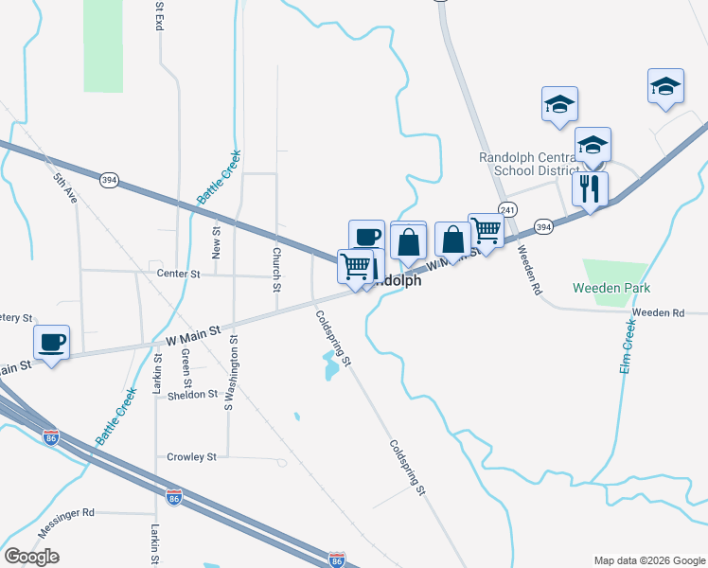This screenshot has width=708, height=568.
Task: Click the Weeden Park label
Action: click(x=611, y=287)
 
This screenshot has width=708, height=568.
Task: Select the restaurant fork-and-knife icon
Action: click(x=590, y=189)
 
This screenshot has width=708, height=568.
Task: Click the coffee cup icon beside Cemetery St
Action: click(x=52, y=343)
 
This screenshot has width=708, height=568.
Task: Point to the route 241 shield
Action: click(x=509, y=209)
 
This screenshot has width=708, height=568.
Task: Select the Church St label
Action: click(x=276, y=270)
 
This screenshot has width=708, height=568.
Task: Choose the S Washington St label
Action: click(x=229, y=371)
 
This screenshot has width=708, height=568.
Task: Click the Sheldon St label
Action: click(x=194, y=395)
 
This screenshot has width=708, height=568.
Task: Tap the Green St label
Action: click(x=186, y=364)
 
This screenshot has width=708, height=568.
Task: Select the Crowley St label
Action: click(x=192, y=457)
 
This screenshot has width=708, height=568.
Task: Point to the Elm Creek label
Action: click(x=628, y=346)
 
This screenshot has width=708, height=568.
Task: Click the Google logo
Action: click(x=31, y=557)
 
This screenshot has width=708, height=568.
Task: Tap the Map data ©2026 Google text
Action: click(x=648, y=560)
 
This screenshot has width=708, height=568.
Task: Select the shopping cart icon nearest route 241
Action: click(x=486, y=229)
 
